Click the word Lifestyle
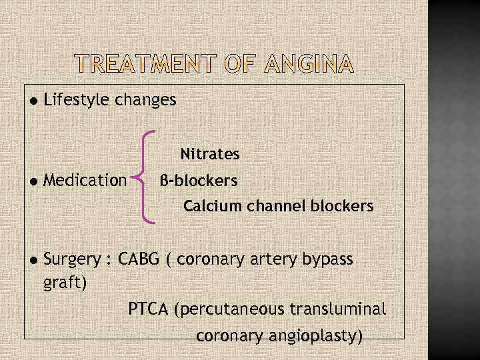point(77,101)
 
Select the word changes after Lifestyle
point(146,101)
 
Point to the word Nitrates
point(210,155)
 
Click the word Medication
point(85,180)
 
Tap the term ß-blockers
point(199,181)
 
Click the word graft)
point(65,283)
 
